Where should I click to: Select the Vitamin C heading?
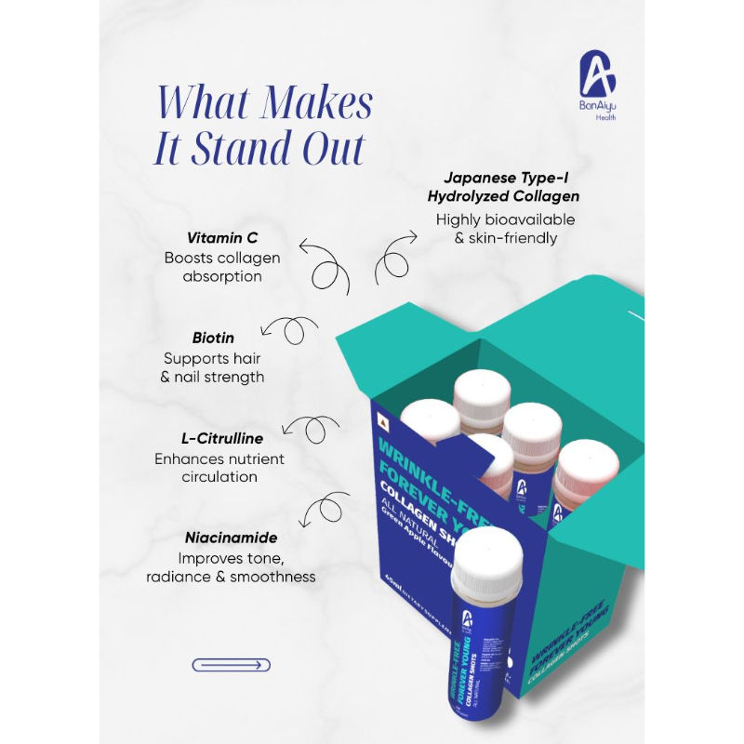click(216, 239)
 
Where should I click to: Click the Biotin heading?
click(214, 338)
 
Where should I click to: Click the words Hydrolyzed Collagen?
click(504, 195)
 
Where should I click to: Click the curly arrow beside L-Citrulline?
click(312, 430)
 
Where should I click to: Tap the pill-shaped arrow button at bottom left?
click(231, 664)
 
